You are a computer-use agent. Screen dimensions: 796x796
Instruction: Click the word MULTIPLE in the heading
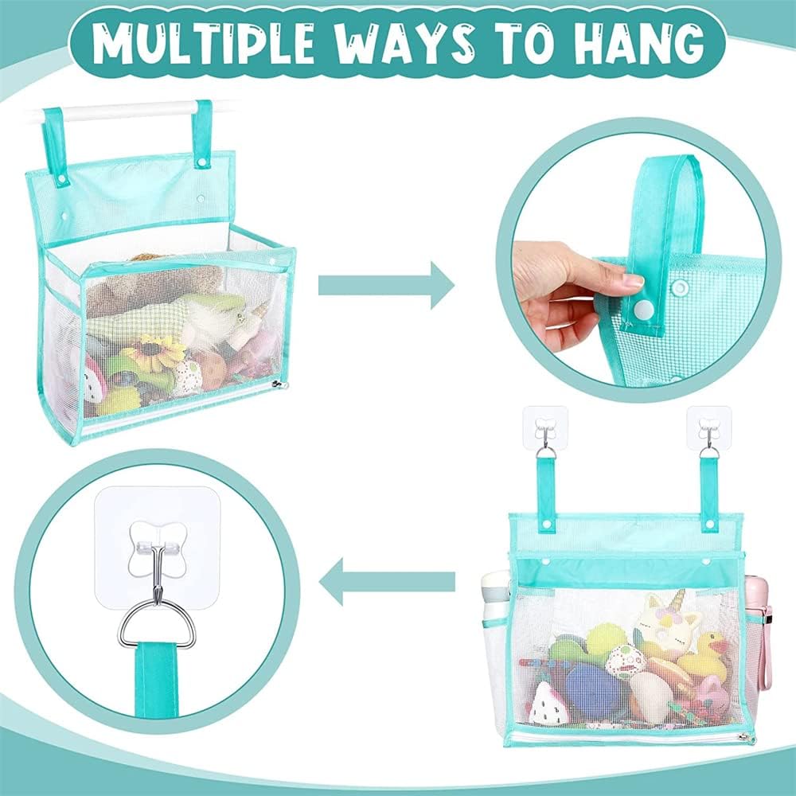click(204, 43)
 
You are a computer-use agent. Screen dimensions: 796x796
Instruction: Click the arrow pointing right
click(386, 285)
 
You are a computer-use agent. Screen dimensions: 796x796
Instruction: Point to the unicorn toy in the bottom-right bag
click(666, 623)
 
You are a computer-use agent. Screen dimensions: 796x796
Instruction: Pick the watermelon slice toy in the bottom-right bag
click(548, 704)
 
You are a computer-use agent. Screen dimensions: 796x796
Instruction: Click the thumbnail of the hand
click(633, 280)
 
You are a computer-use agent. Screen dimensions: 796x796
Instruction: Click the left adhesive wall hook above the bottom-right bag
click(545, 427)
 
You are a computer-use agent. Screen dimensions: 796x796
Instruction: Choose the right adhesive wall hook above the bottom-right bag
click(708, 427)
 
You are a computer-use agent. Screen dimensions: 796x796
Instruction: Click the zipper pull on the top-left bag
click(278, 384)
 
